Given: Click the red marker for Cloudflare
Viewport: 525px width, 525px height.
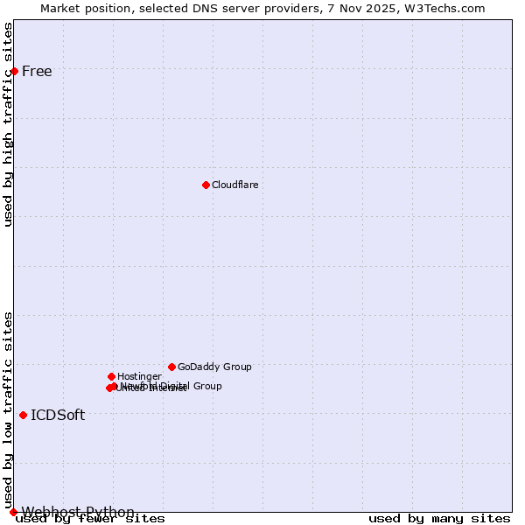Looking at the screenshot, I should click(206, 185).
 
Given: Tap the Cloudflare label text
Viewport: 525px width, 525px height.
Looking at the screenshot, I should click(234, 185).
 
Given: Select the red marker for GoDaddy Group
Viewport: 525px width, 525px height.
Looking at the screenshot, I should click(171, 367).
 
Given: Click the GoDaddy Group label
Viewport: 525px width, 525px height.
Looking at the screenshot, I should click(214, 367).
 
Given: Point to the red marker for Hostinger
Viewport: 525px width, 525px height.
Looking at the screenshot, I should click(111, 376).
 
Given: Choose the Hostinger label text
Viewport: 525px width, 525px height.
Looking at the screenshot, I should click(139, 376).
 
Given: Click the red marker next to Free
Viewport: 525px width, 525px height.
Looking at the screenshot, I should click(14, 71).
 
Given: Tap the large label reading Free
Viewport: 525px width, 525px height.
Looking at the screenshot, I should click(37, 72).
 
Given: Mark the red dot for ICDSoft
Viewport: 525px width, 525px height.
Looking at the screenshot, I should click(23, 415).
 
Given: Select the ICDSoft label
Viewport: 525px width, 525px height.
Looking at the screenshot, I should click(58, 415).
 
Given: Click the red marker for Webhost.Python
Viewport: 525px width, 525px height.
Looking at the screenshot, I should click(13, 512).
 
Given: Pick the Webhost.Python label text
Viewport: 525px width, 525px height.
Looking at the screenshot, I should click(78, 512).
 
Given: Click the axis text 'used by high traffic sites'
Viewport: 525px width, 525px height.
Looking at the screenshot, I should click(9, 124).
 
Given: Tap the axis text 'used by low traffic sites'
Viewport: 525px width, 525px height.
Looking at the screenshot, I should click(9, 409).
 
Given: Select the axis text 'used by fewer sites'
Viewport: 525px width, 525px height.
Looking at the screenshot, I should click(90, 519).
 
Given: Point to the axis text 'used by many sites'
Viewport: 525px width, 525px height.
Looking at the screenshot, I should click(439, 519).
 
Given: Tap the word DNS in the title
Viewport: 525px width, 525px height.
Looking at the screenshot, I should click(221, 8).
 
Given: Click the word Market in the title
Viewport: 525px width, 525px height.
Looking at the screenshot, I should click(60, 8).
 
